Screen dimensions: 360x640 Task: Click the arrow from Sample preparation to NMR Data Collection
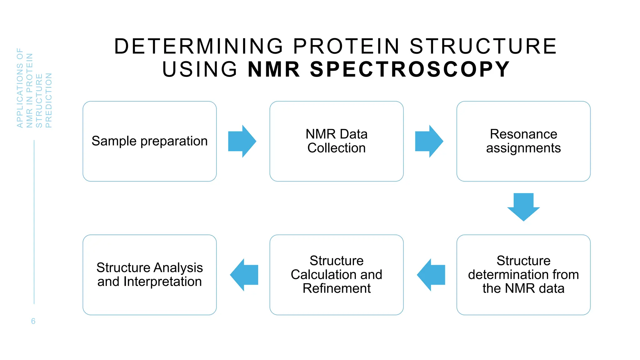coord(242,141)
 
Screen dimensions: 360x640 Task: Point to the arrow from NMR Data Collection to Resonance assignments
coord(428,141)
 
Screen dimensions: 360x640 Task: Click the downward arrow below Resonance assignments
coord(523,207)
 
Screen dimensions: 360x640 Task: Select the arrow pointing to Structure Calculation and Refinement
coord(432,275)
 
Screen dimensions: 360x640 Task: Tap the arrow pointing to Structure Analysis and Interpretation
coord(245,275)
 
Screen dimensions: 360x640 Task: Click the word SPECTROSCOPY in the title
coord(410,69)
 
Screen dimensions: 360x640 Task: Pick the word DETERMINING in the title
coord(199,46)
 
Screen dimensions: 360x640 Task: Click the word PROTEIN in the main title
coord(347,46)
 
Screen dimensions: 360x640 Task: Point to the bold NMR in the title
coord(274,69)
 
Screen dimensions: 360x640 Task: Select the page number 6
coord(33,321)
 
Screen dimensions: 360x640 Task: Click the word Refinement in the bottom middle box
coord(337,288)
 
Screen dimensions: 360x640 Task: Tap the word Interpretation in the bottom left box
coord(162,282)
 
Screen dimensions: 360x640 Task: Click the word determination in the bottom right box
coord(508,275)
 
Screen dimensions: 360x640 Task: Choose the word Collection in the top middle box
coord(336,148)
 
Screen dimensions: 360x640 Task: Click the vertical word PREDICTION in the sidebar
coord(48,100)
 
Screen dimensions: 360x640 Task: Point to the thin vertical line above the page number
coord(34,222)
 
